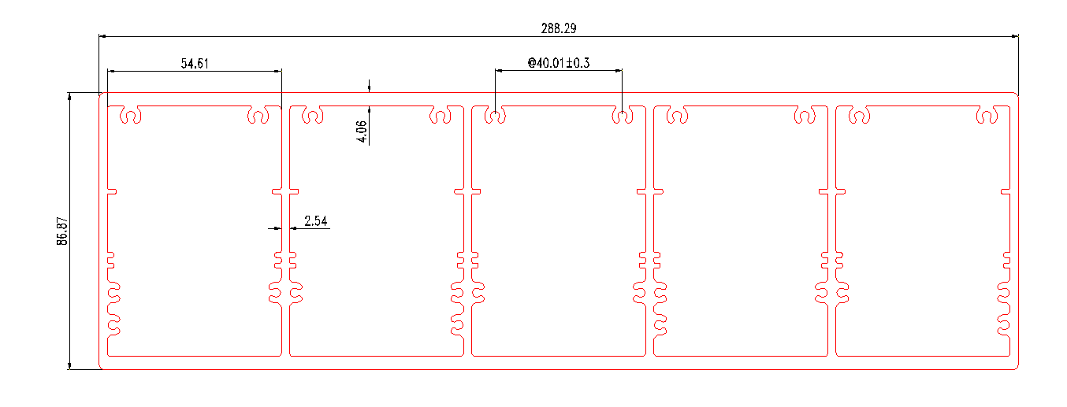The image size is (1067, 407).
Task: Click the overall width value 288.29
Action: [x=559, y=28]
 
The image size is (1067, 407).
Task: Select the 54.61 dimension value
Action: [x=195, y=64]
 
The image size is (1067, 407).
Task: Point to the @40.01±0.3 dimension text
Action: [x=558, y=62]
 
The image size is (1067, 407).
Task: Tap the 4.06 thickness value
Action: [x=362, y=131]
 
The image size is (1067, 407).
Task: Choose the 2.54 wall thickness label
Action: [x=315, y=221]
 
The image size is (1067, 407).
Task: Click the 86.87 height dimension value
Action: [x=62, y=230]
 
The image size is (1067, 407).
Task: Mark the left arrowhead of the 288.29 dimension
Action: [x=103, y=36]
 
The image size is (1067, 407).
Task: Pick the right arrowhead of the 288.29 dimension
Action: [x=1014, y=36]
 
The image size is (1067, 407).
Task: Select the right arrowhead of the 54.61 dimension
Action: [x=277, y=71]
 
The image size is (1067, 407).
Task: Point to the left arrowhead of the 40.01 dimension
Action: [x=499, y=71]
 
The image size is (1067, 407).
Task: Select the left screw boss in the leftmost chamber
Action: [x=130, y=117]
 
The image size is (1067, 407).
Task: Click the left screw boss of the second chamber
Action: [x=313, y=117]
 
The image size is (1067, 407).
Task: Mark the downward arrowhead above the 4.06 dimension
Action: [x=369, y=88]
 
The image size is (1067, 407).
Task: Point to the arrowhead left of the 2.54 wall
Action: [x=277, y=228]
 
